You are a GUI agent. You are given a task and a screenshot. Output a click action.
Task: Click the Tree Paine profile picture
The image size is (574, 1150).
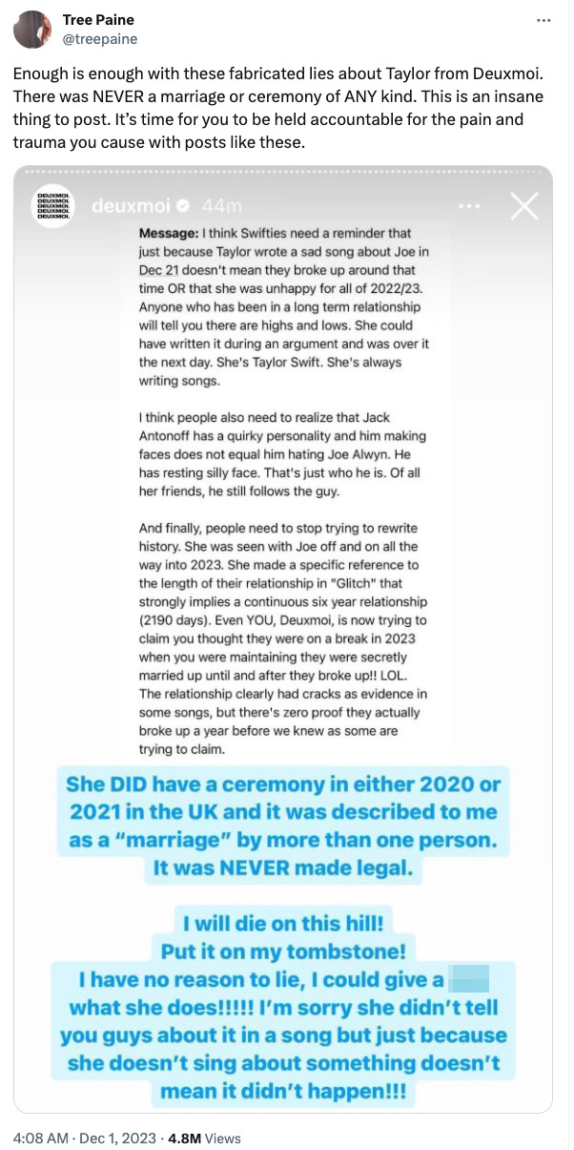click(31, 29)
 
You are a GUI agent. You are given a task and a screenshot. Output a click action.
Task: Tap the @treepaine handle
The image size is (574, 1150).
click(99, 39)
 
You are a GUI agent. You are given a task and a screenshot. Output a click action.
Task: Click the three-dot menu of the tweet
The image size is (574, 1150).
click(543, 20)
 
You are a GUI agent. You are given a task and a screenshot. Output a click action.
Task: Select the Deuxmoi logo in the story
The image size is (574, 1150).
click(54, 205)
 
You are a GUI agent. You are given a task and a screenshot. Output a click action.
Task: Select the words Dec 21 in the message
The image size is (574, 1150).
click(159, 271)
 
